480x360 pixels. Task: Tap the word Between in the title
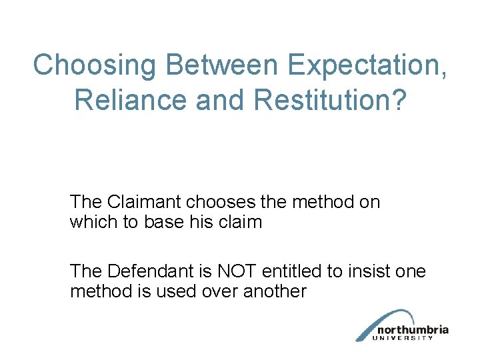pyautogui.click(x=212, y=65)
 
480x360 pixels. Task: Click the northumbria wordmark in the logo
pyautogui.click(x=411, y=330)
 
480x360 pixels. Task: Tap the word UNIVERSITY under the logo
pyautogui.click(x=405, y=338)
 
